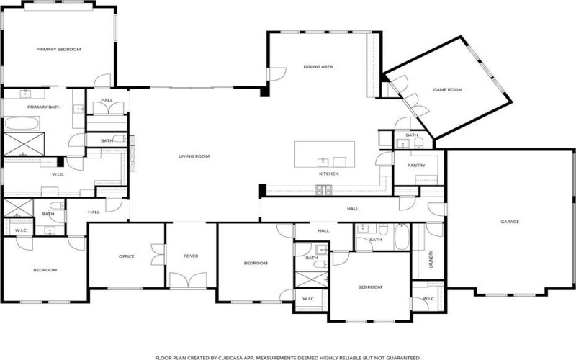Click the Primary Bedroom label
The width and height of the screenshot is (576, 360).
pyautogui.click(x=59, y=50)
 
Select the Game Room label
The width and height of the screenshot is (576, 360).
pyautogui.click(x=447, y=90)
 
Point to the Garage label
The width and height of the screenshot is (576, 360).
pyautogui.click(x=510, y=222)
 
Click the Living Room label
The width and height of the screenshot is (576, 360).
pyautogui.click(x=194, y=156)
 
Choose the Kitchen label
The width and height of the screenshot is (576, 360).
pyautogui.click(x=329, y=174)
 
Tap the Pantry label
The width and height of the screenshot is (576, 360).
pyautogui.click(x=416, y=166)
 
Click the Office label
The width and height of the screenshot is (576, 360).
pyautogui.click(x=127, y=256)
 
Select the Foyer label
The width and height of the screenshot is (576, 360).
pyautogui.click(x=191, y=256)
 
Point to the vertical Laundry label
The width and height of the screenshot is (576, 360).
pyautogui.click(x=431, y=258)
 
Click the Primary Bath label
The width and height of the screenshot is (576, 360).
pyautogui.click(x=44, y=107)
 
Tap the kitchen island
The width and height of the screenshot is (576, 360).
pyautogui.click(x=325, y=153)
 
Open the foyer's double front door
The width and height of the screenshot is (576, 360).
pyautogui.click(x=191, y=281)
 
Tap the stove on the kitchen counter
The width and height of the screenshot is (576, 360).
pyautogui.click(x=324, y=189)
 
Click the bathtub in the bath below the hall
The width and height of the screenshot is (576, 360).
pyautogui.click(x=401, y=238)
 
